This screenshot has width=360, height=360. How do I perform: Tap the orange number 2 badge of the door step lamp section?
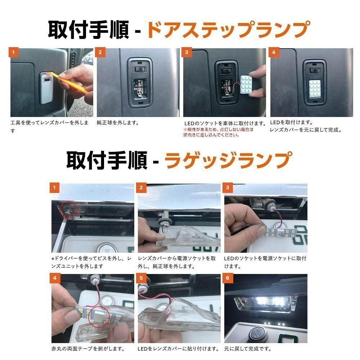pos(100,52)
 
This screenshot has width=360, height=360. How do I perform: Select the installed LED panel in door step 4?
pos(314,89)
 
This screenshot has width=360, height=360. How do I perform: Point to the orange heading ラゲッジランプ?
pos(229,160)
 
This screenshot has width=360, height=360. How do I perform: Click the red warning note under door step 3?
pos(218,132)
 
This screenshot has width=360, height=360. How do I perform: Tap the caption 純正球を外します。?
pos(118,123)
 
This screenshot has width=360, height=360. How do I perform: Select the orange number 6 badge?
pos(228,278)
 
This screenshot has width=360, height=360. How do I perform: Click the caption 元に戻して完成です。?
pos(248,349)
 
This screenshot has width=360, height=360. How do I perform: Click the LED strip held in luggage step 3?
pos(280,232)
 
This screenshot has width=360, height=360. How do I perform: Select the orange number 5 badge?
pos(141,278)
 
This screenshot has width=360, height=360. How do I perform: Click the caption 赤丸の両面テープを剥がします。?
pos(88,349)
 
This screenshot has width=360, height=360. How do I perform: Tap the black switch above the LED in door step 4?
pos(314,70)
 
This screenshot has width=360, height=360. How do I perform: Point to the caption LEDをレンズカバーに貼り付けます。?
pos(178,349)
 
